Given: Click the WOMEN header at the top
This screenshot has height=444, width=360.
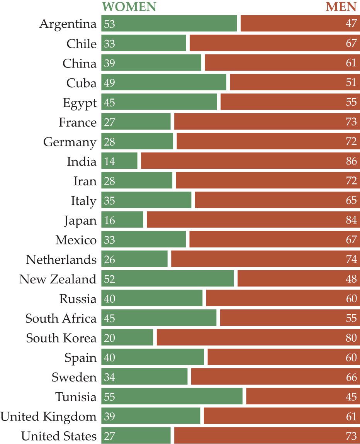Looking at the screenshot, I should coord(129,7).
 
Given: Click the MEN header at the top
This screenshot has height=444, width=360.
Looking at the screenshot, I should coord(341,7).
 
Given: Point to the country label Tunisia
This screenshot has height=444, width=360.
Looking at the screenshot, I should coord(76,397).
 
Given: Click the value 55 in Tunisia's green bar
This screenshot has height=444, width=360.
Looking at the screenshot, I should coord(110,397).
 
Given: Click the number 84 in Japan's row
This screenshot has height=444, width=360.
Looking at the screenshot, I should coord(351,220).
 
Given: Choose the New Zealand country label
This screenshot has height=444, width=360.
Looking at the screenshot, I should coord(58,279).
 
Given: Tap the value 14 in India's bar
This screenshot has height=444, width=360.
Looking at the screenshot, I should coord(110,161).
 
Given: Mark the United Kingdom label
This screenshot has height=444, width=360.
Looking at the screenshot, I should coord(48,417).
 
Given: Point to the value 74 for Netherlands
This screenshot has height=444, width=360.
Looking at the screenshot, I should coord(351,259).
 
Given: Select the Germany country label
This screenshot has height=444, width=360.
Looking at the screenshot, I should coord(70,142).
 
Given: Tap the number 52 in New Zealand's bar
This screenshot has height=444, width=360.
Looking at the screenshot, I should coord(110,279).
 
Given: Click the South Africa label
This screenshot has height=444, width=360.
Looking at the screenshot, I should coord(61,319).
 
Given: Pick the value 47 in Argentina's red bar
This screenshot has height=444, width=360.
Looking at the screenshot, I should coord(351,24).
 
